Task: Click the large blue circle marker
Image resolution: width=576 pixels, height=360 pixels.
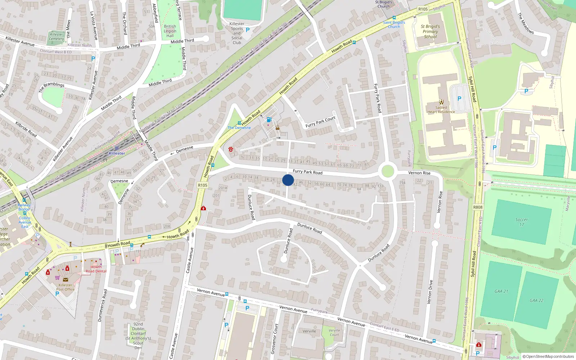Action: (288, 180)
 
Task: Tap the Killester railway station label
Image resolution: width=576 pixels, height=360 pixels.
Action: (117, 153)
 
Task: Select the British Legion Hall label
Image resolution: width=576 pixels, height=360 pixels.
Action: (170, 31)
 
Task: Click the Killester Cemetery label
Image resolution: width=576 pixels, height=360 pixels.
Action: (56, 37)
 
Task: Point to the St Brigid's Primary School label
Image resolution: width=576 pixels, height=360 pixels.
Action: (430, 31)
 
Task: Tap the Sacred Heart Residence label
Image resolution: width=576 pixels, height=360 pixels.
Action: (441, 109)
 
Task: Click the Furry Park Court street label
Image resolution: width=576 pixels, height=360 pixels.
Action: (320, 122)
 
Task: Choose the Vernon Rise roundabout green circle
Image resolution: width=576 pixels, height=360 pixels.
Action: (387, 171)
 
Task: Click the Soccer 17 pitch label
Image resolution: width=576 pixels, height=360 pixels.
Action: (521, 222)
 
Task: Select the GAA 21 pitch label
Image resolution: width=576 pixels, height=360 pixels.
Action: (501, 291)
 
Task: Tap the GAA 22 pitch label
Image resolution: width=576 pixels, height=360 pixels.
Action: (536, 300)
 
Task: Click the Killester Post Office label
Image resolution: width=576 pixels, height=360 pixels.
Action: (65, 287)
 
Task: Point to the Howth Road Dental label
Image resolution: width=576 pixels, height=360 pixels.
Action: (96, 269)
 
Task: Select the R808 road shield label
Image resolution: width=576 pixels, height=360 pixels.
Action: (478, 207)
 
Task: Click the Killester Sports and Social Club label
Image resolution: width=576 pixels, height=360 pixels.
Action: (237, 33)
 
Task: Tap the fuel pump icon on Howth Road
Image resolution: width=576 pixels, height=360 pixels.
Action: (269, 120)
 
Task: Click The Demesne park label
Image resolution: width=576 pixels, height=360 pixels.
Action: (239, 128)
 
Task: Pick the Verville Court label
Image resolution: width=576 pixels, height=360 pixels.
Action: (334, 332)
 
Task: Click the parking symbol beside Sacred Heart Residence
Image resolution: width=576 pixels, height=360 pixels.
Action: (459, 98)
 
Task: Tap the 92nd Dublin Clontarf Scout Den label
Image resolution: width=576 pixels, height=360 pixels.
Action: (138, 336)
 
